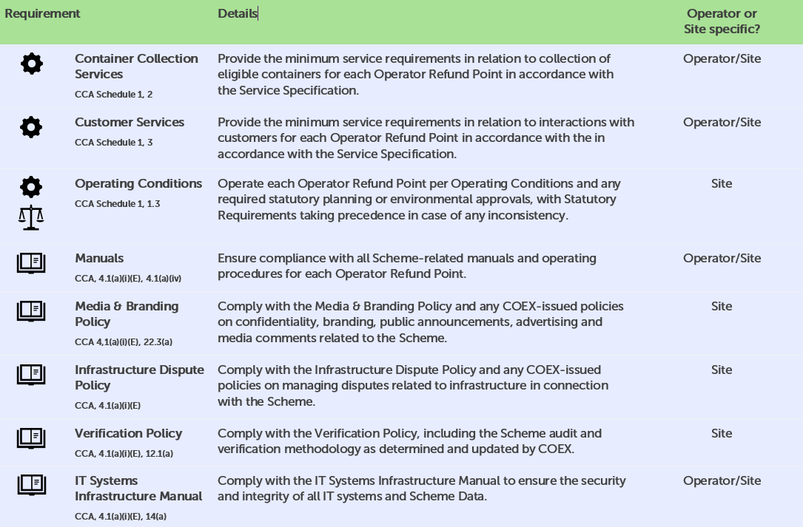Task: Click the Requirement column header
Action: (x=42, y=14)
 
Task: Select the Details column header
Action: (x=238, y=14)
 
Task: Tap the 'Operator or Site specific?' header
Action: (x=722, y=22)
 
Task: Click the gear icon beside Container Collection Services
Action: (x=31, y=64)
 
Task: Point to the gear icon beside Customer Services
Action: (x=31, y=128)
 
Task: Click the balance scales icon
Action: (x=31, y=217)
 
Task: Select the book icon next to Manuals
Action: (x=31, y=263)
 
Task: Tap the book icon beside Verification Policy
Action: (x=31, y=438)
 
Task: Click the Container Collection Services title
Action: (x=136, y=67)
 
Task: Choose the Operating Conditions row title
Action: (x=138, y=184)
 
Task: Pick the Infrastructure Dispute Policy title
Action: (x=139, y=378)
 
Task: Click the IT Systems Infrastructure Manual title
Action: (x=138, y=489)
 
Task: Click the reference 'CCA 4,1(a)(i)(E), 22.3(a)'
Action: (x=124, y=342)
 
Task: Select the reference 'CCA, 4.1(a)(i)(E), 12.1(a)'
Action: (x=124, y=454)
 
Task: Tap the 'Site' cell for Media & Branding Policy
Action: (x=722, y=307)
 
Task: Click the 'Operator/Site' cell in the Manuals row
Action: (x=722, y=259)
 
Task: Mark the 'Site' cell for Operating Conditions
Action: (x=722, y=184)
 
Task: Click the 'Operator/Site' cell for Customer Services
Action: (x=722, y=123)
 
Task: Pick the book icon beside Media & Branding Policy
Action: (x=31, y=311)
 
